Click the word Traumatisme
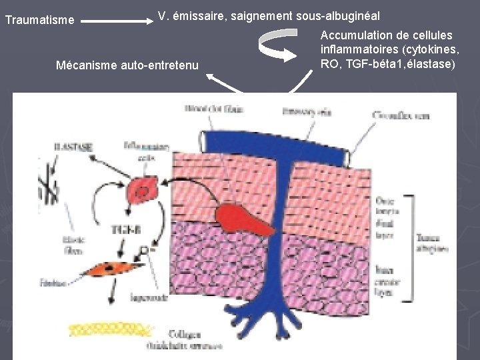39,21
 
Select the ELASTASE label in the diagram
74,145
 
